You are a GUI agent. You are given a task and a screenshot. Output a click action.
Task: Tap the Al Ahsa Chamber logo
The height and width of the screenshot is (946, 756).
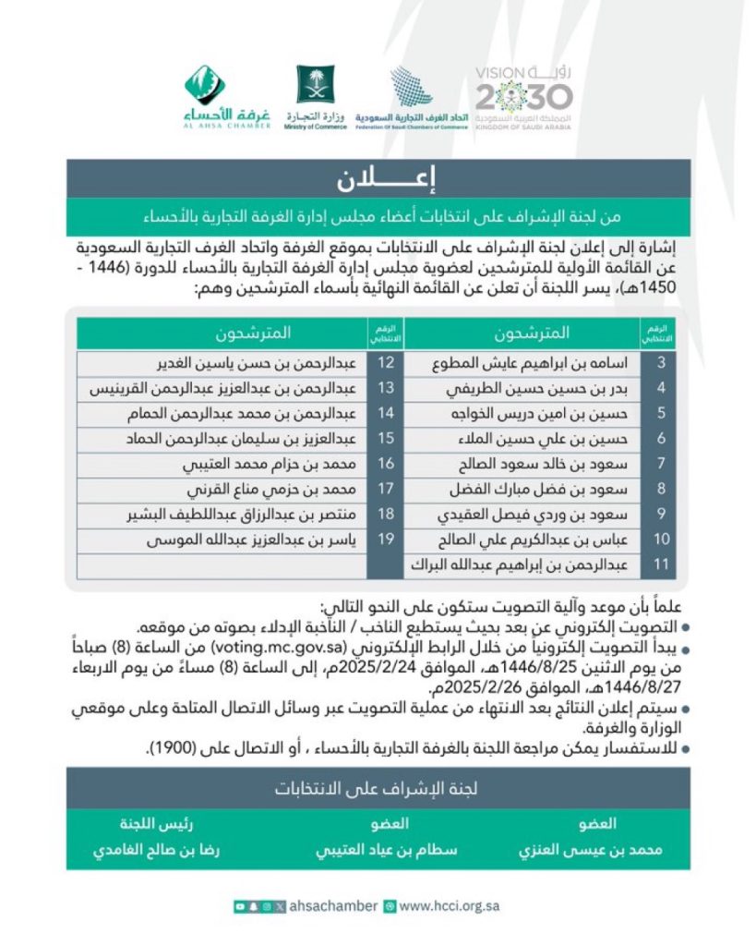(x=227, y=96)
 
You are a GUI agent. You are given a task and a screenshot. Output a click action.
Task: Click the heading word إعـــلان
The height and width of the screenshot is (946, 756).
(x=378, y=178)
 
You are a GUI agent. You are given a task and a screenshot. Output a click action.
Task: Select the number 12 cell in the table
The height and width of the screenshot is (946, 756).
(x=385, y=362)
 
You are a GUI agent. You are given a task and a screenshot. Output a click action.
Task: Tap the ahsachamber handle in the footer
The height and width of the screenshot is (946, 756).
(x=334, y=906)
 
